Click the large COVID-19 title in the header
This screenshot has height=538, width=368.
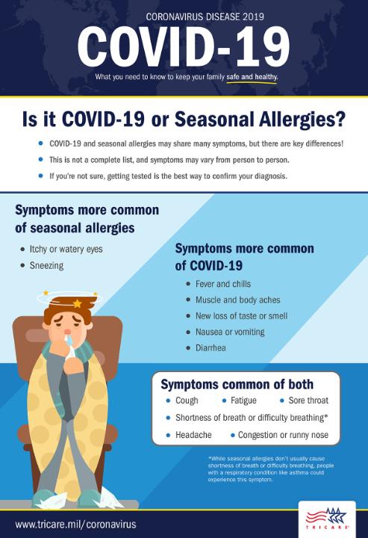pos(184,47)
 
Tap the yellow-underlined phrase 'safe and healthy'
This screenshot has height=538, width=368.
pos(252,76)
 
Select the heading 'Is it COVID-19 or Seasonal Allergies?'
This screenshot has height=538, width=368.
pos(184,120)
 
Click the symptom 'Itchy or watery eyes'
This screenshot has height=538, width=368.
pos(66,249)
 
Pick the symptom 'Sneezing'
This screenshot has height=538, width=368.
pos(46,265)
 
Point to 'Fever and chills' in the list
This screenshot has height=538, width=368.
pos(223,284)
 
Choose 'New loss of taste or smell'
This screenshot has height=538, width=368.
pos(242,315)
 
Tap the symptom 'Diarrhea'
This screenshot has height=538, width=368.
pos(210,348)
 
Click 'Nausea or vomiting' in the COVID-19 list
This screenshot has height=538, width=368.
pos(230,332)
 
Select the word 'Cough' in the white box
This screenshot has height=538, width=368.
pos(187,401)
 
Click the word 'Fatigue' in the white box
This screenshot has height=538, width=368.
pos(243,401)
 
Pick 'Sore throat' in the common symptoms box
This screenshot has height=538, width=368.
pos(308,401)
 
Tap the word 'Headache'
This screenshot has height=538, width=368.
pos(193,435)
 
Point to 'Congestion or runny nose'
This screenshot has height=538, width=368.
pos(283,435)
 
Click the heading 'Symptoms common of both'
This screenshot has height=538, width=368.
pos(237,384)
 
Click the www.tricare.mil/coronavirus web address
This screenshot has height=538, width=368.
pos(75,525)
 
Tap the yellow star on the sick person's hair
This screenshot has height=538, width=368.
pos(78,303)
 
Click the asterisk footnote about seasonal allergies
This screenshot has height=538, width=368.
pos(271,469)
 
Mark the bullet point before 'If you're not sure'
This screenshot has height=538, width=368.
pos(41,176)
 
